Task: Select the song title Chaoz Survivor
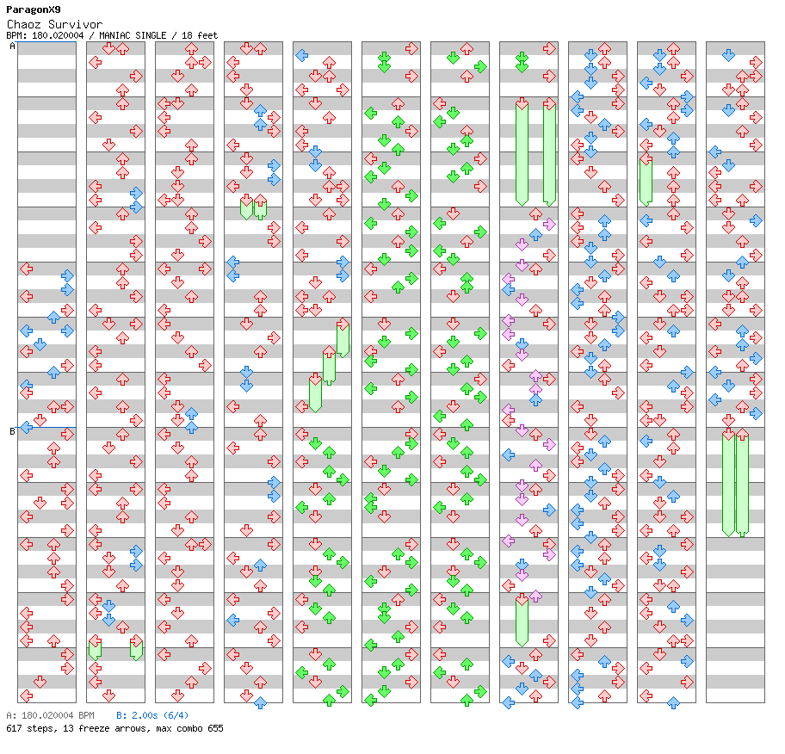coord(53,25)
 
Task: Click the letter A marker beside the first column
coord(12,46)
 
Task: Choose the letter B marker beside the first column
coord(12,431)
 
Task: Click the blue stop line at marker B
coord(52,427)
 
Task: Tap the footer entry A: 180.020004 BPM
coord(50,715)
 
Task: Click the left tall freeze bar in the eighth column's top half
coord(522,153)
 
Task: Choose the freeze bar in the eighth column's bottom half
coord(522,621)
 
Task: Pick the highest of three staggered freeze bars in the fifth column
coord(343,338)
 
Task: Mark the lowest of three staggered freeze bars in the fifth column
coord(315,393)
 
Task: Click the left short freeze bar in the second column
coord(95,649)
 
